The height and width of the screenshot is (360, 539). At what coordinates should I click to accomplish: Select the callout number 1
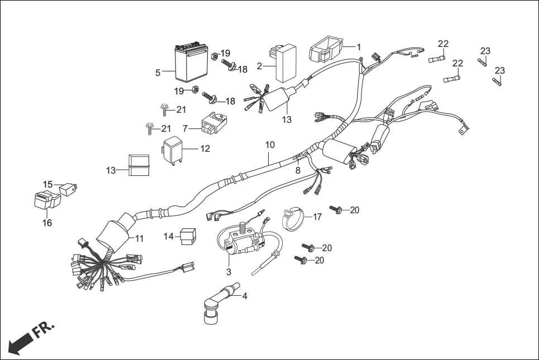pyautogui.click(x=359, y=47)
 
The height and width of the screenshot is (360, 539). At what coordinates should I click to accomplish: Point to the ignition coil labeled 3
pyautogui.click(x=240, y=244)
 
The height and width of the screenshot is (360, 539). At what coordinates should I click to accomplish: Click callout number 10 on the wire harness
pyautogui.click(x=270, y=145)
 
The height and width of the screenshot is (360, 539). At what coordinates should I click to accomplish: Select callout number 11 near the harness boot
pyautogui.click(x=139, y=238)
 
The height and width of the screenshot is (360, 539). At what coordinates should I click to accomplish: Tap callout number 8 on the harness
pyautogui.click(x=298, y=170)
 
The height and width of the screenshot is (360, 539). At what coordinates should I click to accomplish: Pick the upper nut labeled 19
pyautogui.click(x=214, y=55)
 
